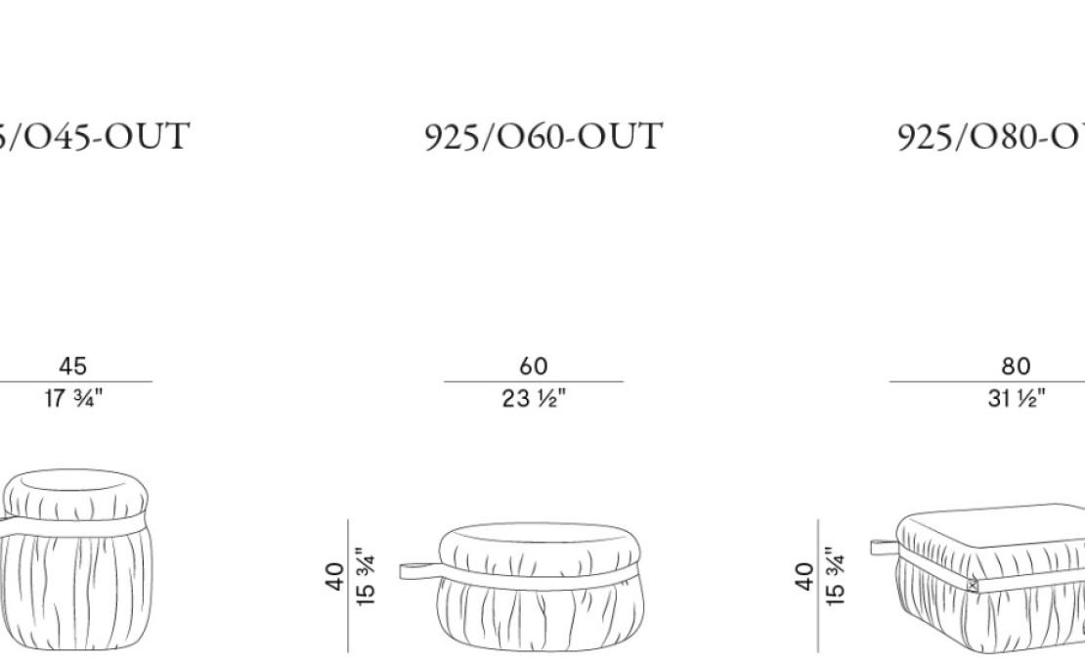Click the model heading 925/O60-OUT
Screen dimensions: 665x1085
coord(543,137)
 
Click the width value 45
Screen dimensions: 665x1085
coord(72,367)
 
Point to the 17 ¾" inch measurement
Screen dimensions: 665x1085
coord(72,399)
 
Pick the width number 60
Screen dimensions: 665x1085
coord(534,367)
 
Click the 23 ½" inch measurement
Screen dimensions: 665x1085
coord(534,399)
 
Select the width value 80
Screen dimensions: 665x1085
coord(1016,367)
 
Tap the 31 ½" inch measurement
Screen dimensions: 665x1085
coord(1016,399)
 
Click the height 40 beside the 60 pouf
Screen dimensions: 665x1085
coord(334,577)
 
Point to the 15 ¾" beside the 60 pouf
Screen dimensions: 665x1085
coord(365,577)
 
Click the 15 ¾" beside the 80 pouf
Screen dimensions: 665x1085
coord(834,577)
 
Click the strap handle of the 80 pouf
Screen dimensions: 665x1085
coord(884,546)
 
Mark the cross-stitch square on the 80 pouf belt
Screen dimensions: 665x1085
coord(972,585)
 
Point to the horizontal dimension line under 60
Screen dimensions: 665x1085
coord(534,382)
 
